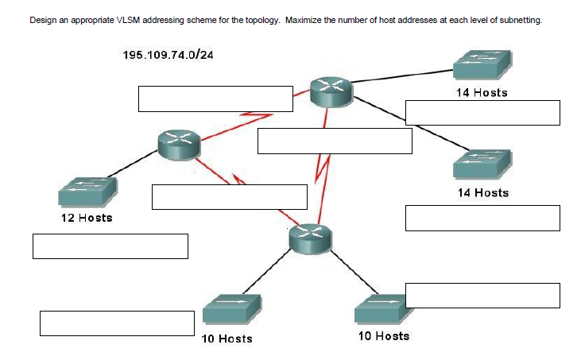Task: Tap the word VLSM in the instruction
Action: (129, 21)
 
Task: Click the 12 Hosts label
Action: (87, 217)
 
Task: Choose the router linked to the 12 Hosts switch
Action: (178, 144)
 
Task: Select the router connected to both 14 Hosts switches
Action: (331, 92)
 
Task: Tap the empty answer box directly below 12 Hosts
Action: (110, 246)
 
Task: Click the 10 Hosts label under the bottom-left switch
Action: (227, 339)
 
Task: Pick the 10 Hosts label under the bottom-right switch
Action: (384, 336)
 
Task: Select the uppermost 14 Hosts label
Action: (482, 92)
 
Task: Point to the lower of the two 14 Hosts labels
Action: (483, 192)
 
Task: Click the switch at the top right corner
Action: (481, 64)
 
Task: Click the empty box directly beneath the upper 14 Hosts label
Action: (482, 113)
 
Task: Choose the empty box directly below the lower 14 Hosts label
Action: (482, 218)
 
